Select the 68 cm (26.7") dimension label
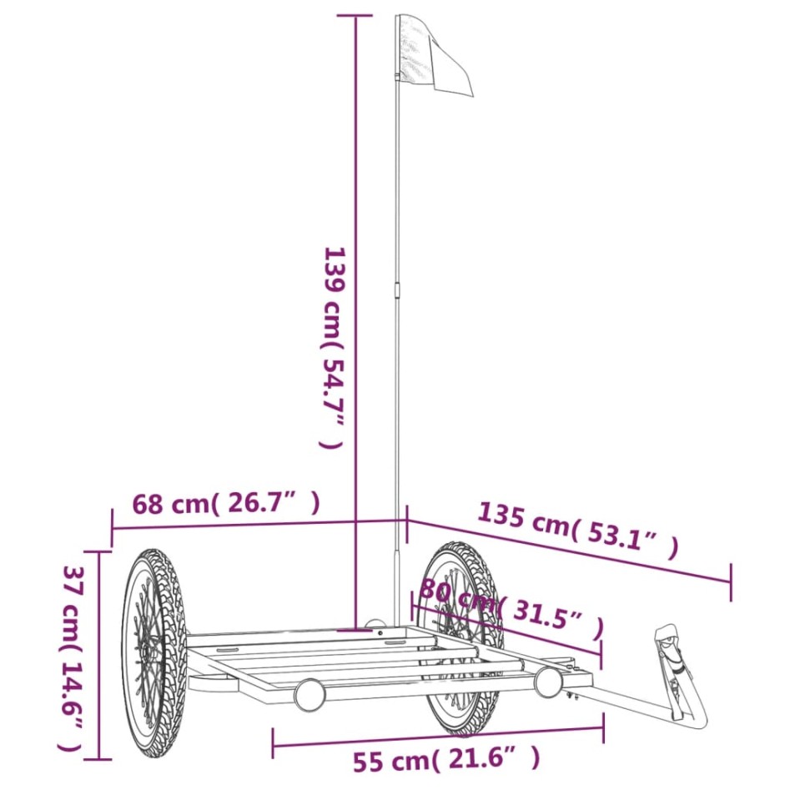coord(225,504)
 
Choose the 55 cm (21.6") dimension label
coord(445,760)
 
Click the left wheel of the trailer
coord(153,653)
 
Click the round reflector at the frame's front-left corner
coord(309,694)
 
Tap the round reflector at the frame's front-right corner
coord(549,682)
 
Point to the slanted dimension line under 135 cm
coord(567,551)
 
